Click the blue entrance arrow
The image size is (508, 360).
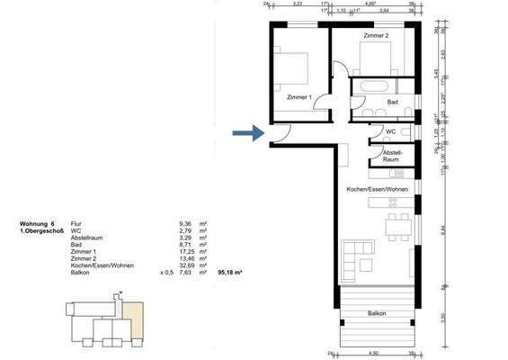pos(243,135)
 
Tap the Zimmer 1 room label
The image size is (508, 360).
pos(299,96)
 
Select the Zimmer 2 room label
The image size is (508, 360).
pos(376,35)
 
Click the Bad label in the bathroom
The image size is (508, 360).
pos(392,103)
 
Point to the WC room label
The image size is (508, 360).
pos(390,131)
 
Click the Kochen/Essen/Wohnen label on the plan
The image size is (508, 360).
pos(378,190)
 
